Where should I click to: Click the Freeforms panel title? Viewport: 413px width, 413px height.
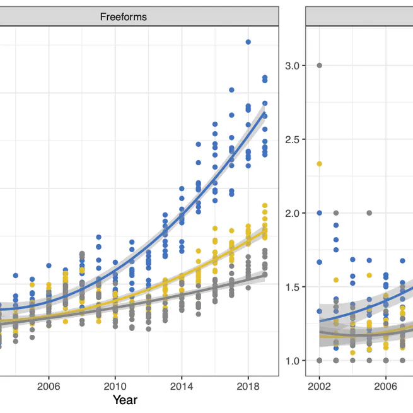(x=124, y=17)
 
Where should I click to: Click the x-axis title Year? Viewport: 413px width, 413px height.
(x=124, y=400)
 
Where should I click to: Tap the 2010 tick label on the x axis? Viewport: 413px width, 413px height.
(x=115, y=385)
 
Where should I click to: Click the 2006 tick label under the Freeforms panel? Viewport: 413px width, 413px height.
(x=49, y=385)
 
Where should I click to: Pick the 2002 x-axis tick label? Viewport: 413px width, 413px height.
(x=319, y=385)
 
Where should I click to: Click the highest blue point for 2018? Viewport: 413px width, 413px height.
(x=248, y=42)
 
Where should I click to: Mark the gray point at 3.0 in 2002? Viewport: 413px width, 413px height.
(x=319, y=66)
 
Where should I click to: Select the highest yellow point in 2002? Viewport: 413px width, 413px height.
(x=319, y=164)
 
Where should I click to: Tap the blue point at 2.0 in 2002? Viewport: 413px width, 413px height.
(x=319, y=213)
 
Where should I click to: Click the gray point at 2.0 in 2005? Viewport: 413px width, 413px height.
(x=369, y=213)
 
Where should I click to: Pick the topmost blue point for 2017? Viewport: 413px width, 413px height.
(x=231, y=90)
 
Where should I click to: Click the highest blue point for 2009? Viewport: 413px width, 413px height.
(x=98, y=237)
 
